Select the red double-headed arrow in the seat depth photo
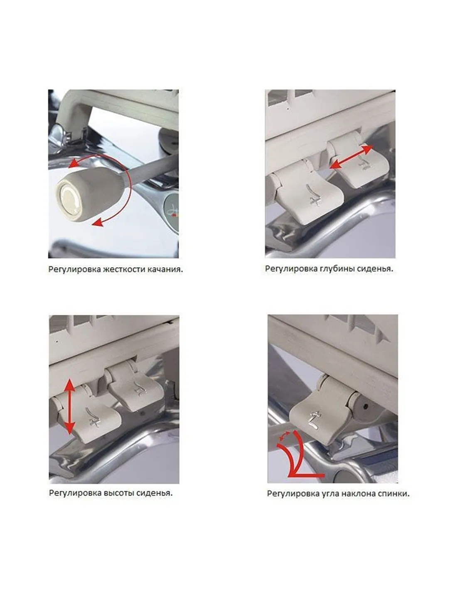click(351, 157)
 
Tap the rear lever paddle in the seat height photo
click(136, 387)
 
